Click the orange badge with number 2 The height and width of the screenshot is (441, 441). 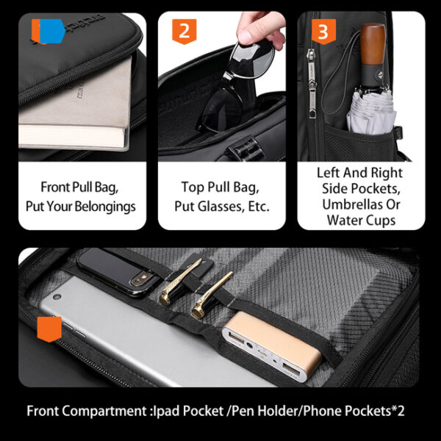tap(184, 32)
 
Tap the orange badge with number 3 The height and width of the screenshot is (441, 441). tap(323, 32)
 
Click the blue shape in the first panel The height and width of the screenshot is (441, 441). tap(53, 31)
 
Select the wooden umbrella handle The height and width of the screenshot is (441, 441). tap(373, 45)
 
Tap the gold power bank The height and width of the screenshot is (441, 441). tap(271, 346)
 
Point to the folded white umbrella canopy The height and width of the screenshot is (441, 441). tap(371, 111)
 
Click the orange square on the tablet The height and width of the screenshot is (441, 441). tap(49, 329)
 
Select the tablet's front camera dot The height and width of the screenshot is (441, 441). tap(57, 297)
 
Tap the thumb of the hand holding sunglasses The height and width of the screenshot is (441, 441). tap(248, 35)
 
